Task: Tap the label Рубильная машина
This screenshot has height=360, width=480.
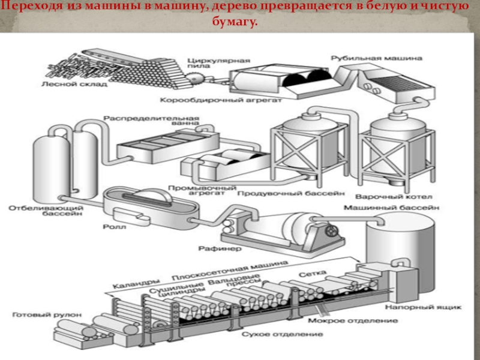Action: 376,58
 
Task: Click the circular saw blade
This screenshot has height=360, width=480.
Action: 196,79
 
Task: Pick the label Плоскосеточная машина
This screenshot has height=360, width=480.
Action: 217,274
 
